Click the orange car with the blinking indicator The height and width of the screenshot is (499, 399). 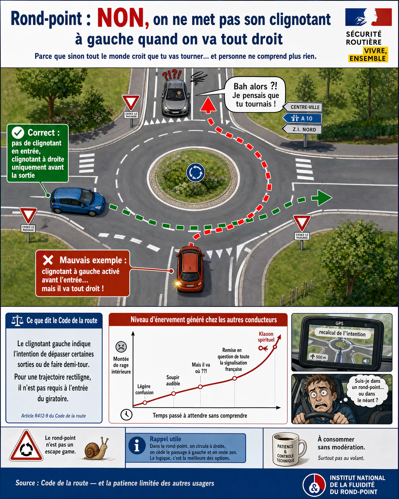190,269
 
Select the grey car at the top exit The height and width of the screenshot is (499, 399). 176,97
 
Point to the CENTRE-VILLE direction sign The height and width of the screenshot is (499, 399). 302,107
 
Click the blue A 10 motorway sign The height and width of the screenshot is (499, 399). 302,119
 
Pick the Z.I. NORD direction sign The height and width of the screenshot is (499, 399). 302,129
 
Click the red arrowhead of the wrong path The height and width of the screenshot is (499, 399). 208,105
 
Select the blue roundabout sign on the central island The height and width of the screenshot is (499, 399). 196,173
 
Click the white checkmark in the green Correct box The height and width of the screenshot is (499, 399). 18,133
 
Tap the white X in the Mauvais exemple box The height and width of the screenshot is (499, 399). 48,260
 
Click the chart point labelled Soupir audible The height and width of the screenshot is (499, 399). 174,393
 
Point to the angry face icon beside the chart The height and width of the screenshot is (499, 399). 121,347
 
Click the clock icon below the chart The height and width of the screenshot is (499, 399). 127,414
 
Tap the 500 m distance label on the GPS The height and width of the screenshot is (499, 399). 318,357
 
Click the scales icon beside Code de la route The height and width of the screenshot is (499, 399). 17,321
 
